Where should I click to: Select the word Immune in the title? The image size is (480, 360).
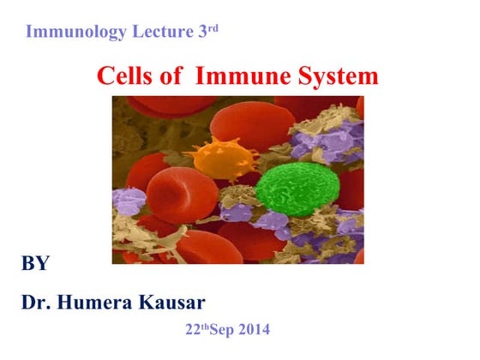point(241,76)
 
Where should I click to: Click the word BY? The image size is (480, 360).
point(35,263)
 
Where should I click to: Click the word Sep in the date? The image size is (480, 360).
point(218,329)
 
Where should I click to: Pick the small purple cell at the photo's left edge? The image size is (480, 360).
point(129,201)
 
